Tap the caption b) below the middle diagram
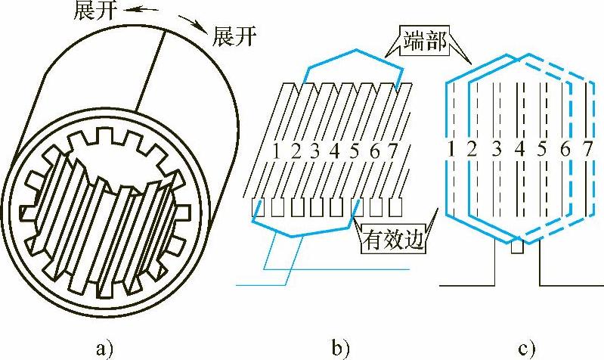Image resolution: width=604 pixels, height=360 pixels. point(339,349)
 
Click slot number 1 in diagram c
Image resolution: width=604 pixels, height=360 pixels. point(450,148)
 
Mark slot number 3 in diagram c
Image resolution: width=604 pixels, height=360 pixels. point(496,148)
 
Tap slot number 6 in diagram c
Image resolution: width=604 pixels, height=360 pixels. point(565,148)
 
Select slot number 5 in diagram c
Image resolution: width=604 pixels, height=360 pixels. point(541,148)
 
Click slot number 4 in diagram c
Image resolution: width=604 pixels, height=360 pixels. point(519,148)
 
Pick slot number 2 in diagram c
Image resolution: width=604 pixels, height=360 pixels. point(472,148)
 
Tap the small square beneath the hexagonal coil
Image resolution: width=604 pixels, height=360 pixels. point(518,247)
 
